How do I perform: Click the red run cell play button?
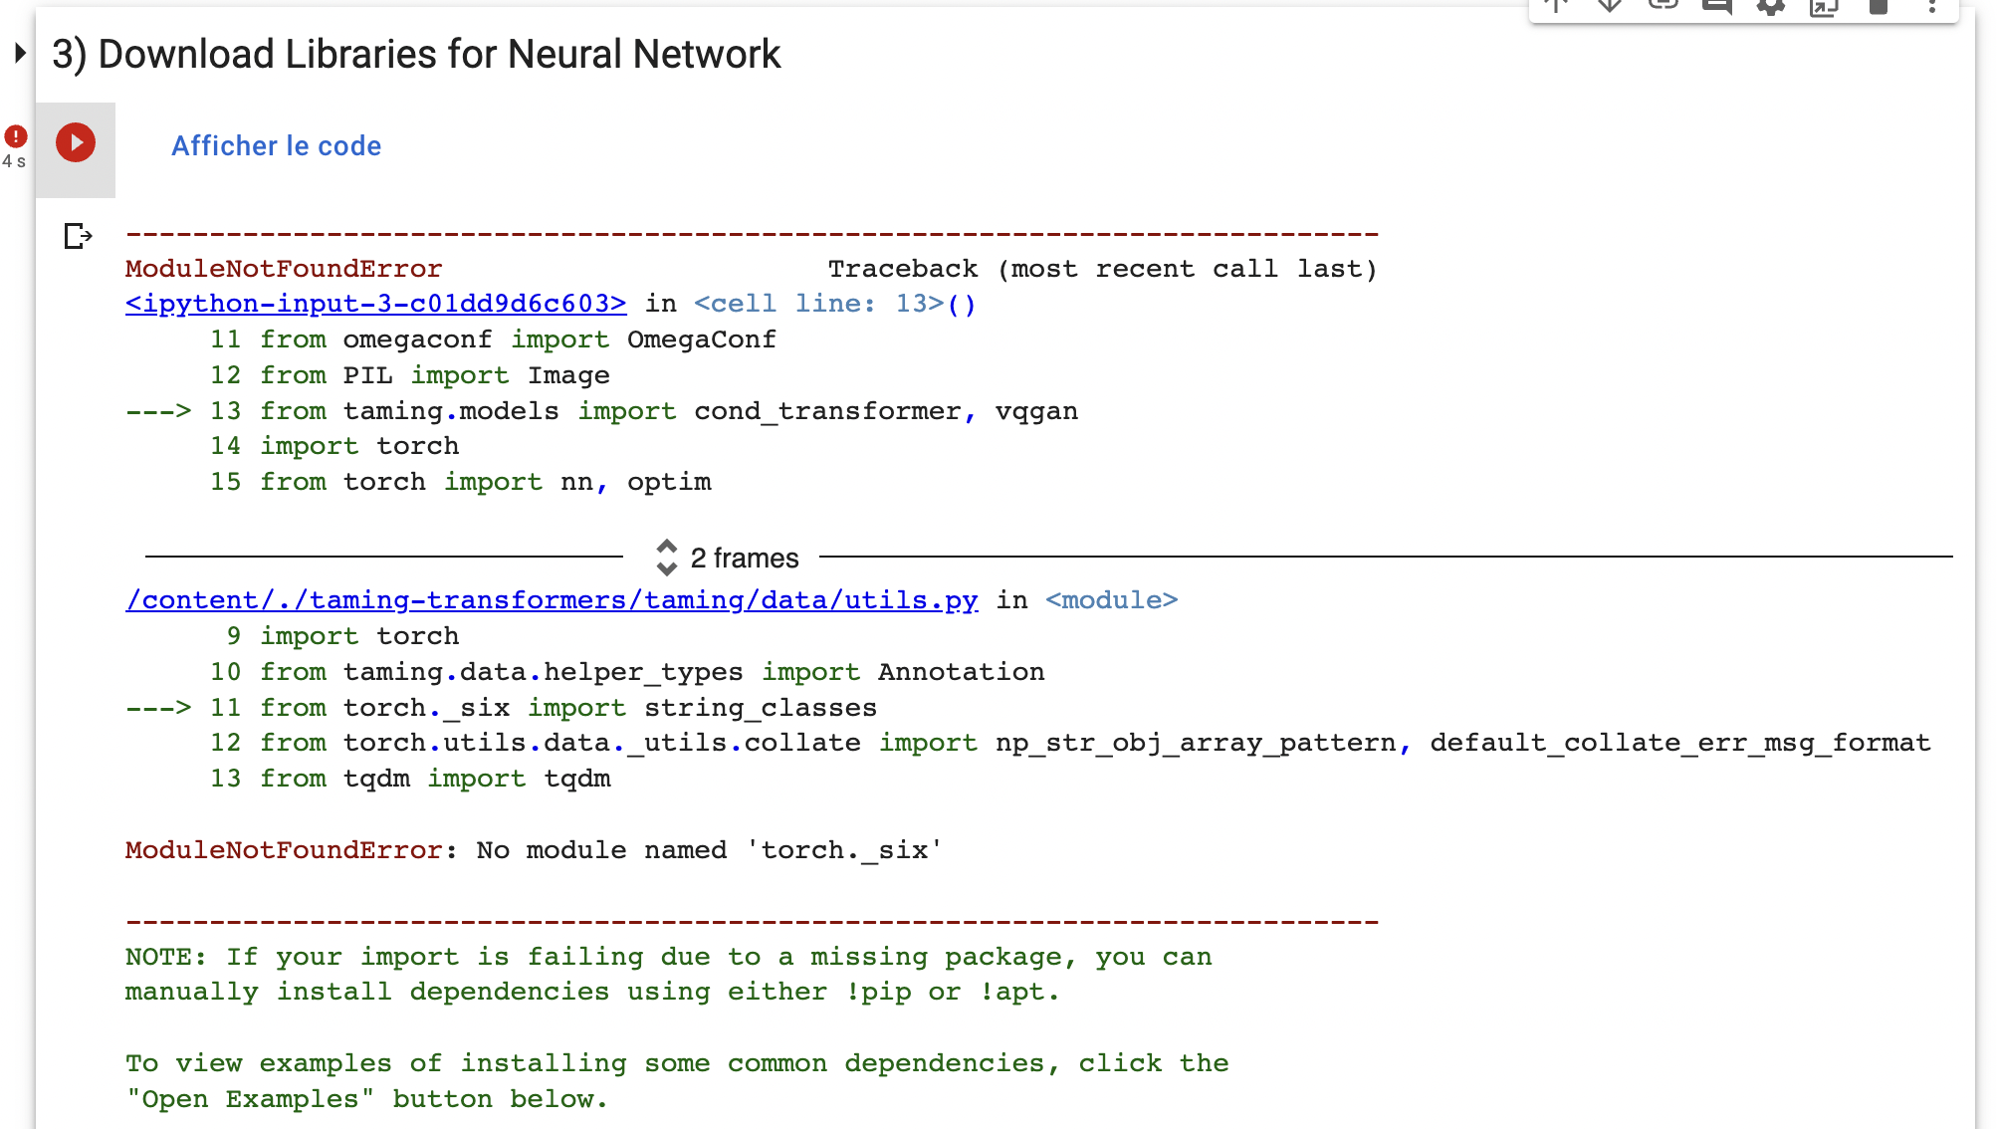click(x=76, y=142)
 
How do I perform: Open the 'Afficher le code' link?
click(x=276, y=146)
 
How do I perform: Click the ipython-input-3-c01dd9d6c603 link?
click(x=375, y=304)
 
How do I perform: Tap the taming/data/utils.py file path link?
click(x=552, y=600)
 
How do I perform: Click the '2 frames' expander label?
click(x=744, y=559)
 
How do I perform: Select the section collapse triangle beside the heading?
click(x=19, y=53)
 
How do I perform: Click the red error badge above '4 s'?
click(x=16, y=135)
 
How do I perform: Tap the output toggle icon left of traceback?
click(x=78, y=236)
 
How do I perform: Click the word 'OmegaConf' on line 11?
click(x=701, y=339)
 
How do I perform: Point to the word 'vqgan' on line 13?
click(x=1035, y=411)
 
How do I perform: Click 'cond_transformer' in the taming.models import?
click(x=827, y=411)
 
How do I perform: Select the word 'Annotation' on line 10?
click(x=961, y=672)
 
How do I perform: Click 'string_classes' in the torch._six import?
click(x=760, y=708)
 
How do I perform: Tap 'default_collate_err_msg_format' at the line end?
click(x=1679, y=743)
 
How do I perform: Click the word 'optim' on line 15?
click(x=669, y=482)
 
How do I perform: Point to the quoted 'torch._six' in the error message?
click(x=843, y=850)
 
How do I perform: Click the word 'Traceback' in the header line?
click(x=902, y=269)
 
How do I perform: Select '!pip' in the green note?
click(x=877, y=992)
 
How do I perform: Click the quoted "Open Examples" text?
click(x=250, y=1099)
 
